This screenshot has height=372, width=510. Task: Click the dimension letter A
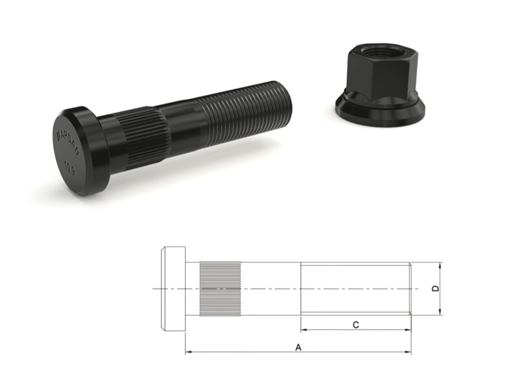(298, 346)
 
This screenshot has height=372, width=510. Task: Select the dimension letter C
(355, 325)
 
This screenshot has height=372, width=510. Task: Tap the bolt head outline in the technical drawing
(173, 289)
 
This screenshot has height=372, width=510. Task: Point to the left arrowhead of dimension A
(188, 353)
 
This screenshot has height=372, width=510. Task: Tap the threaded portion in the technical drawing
(355, 289)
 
